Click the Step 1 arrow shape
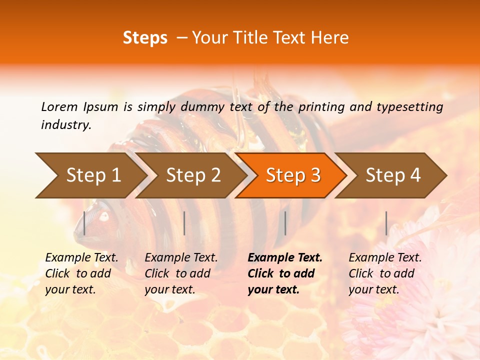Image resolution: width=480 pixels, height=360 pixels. click(x=92, y=175)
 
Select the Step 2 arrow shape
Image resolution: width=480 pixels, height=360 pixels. click(x=192, y=175)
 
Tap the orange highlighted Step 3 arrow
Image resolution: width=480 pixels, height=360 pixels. click(x=292, y=175)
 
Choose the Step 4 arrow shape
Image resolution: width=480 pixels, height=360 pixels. click(x=392, y=175)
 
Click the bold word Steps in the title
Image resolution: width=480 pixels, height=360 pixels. click(x=145, y=38)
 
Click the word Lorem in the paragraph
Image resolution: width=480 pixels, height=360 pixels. click(x=59, y=106)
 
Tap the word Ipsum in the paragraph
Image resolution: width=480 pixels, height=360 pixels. click(x=101, y=106)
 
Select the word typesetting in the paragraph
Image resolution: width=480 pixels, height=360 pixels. click(x=410, y=106)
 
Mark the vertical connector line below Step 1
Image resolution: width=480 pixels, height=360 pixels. click(x=84, y=223)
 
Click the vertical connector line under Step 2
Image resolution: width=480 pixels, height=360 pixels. click(x=184, y=223)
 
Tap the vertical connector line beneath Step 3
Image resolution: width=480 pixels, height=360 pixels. click(x=285, y=223)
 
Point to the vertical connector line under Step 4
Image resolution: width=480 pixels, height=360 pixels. click(x=386, y=223)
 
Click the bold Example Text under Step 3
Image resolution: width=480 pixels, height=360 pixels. click(x=285, y=258)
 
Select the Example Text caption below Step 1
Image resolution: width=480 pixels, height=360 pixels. click(x=81, y=258)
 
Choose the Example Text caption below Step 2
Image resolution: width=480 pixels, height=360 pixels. click(x=181, y=258)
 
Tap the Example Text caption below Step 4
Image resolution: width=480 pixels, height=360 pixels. click(x=385, y=258)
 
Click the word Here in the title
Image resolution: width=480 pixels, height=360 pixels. click(x=329, y=38)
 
